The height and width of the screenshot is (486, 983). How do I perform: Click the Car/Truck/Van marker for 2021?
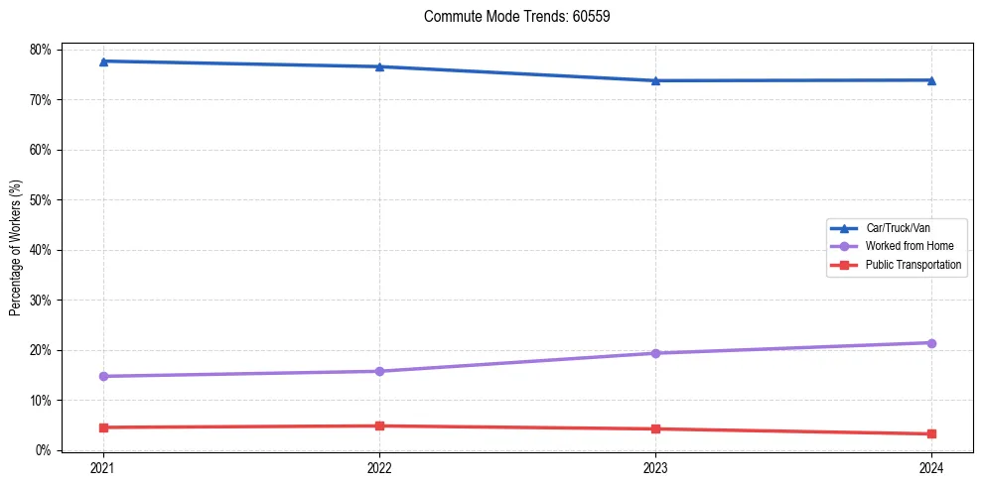[x=103, y=61]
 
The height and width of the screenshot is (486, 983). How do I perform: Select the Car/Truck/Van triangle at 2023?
[x=655, y=80]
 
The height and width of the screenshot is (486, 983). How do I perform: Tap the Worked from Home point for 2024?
[x=931, y=343]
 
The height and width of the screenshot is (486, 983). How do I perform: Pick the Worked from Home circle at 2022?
[x=379, y=371]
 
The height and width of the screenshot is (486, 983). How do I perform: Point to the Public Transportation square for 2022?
[x=379, y=425]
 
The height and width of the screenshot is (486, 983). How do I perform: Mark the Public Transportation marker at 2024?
[x=931, y=433]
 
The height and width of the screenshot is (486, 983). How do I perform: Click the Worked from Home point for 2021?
[x=103, y=376]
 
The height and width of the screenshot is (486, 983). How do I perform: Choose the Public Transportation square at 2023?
[x=655, y=428]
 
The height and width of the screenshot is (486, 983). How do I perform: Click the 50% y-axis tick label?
[x=41, y=200]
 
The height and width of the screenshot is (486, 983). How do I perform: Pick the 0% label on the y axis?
[x=44, y=450]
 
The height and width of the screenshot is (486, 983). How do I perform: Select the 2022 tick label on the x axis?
[x=379, y=467]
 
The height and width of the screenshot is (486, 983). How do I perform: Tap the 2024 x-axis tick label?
[x=931, y=467]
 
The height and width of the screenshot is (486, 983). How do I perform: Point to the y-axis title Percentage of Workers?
[x=15, y=248]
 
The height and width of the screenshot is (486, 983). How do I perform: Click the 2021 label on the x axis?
[x=103, y=467]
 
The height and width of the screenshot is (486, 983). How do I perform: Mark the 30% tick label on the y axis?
[x=41, y=301]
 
